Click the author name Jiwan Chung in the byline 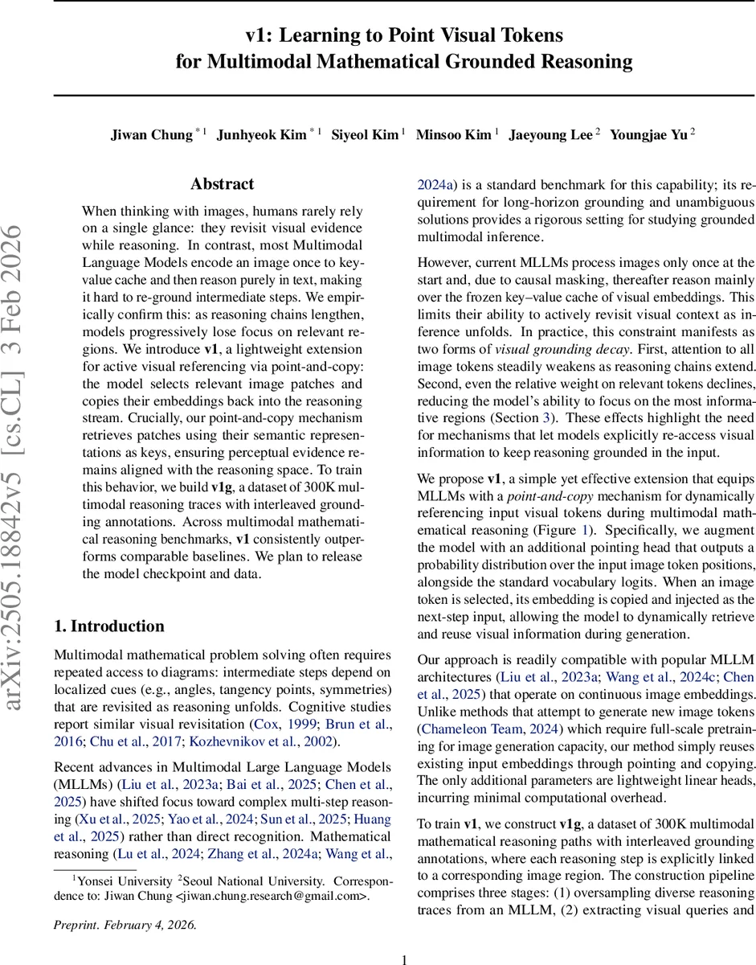151,134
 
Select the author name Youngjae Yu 648,134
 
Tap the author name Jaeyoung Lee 550,134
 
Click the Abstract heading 223,184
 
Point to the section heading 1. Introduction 108,626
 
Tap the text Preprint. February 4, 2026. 125,924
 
